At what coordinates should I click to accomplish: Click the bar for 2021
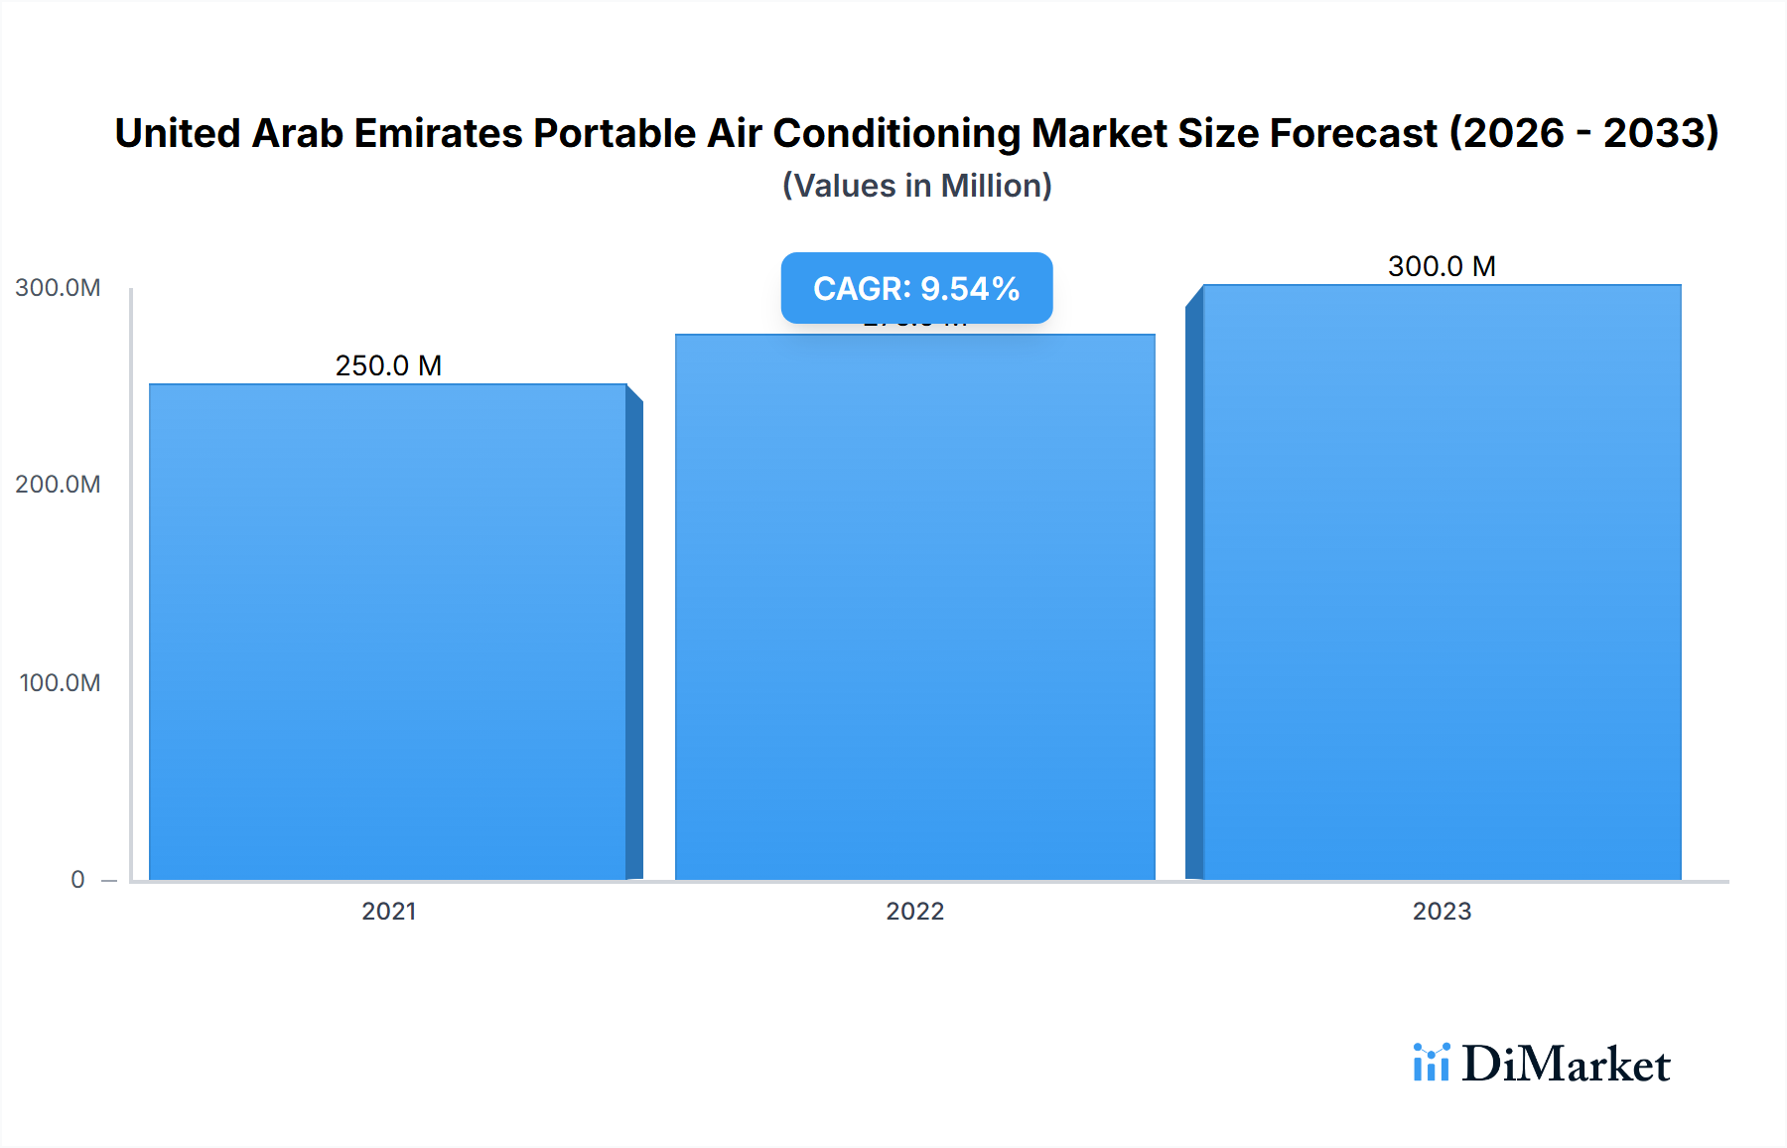coord(388,632)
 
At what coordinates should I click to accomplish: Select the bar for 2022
coord(914,607)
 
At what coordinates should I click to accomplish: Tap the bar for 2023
coord(1442,582)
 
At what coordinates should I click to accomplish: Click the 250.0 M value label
coord(388,366)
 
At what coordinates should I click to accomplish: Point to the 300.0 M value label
coord(1442,267)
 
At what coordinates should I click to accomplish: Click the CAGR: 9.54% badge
coord(916,288)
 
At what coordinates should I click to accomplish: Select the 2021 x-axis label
coord(388,912)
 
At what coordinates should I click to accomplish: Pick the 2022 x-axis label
coord(914,912)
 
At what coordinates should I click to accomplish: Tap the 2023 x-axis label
coord(1442,912)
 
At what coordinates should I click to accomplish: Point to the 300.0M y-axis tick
coord(58,288)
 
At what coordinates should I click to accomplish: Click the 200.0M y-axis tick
coord(58,485)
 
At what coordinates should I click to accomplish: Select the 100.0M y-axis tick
coord(60,683)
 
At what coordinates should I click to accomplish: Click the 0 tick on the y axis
coord(77,880)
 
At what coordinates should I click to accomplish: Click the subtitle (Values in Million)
coord(916,186)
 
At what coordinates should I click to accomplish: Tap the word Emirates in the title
coord(438,133)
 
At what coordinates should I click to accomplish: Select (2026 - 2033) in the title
coord(1583,133)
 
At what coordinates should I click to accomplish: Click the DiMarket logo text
coord(1566,1065)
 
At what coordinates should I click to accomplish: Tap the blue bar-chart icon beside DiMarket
coord(1431,1063)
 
